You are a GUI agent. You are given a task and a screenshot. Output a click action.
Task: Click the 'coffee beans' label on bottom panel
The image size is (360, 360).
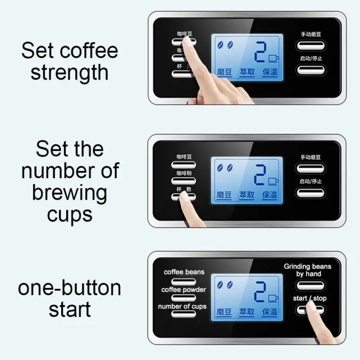click(184, 272)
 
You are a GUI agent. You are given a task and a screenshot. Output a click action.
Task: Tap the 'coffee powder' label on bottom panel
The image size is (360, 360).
click(184, 289)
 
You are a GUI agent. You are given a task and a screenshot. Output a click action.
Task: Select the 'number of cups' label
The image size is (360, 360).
click(182, 306)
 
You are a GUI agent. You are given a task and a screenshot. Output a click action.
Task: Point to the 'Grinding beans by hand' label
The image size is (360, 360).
click(308, 270)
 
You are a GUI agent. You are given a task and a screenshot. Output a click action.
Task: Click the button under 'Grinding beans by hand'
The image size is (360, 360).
click(310, 285)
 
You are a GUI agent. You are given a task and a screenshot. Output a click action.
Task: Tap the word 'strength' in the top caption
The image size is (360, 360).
click(69, 72)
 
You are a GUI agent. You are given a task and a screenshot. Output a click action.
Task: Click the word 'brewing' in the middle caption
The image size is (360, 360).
click(69, 193)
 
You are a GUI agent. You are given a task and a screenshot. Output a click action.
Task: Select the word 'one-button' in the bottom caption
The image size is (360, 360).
click(69, 288)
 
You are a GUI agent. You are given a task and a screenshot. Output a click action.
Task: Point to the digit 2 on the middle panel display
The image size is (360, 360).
click(259, 175)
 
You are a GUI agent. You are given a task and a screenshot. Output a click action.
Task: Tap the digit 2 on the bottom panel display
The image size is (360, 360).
click(259, 292)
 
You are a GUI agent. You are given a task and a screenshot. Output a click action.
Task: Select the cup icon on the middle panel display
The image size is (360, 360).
click(273, 181)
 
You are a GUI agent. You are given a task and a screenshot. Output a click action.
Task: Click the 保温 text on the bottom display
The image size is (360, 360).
click(270, 311)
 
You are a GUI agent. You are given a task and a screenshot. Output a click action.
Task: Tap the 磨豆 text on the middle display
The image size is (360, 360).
click(224, 195)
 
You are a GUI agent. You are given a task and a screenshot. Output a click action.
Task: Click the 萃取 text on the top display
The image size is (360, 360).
click(247, 72)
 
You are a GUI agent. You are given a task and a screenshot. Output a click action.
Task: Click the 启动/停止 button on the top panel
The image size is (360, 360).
click(310, 70)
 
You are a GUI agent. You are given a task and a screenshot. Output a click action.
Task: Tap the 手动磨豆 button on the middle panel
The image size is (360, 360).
click(310, 168)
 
